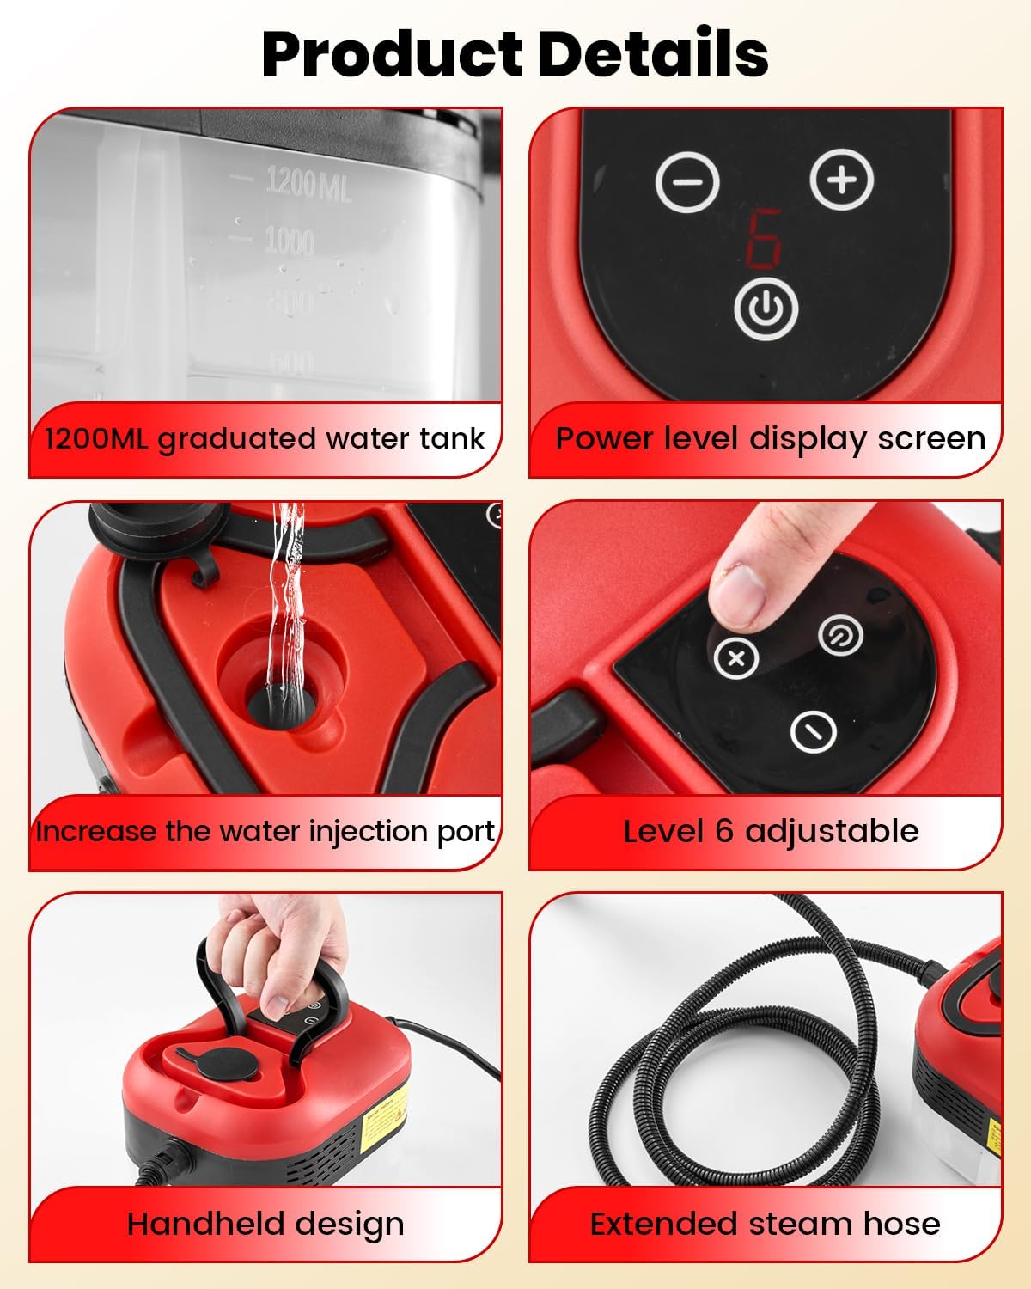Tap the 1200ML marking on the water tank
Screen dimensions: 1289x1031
coord(308,182)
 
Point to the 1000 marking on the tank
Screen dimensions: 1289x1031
coord(289,241)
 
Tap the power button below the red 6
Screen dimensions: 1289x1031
coord(766,309)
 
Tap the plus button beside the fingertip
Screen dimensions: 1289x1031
coord(736,658)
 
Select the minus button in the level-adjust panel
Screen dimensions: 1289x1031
coord(813,732)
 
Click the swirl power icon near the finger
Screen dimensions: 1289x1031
coord(839,636)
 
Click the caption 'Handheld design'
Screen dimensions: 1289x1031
coord(265,1224)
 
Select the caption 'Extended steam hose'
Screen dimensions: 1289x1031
coord(765,1224)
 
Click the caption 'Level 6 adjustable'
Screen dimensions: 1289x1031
coord(771,831)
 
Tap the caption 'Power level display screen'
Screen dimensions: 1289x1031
coord(770,438)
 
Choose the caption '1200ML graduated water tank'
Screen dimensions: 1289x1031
coord(265,438)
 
